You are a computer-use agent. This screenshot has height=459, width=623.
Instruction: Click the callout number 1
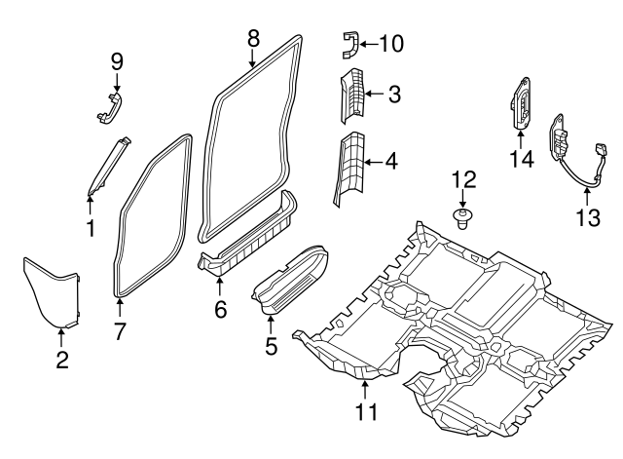point(90,229)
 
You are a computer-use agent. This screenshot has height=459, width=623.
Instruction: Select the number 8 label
point(253,38)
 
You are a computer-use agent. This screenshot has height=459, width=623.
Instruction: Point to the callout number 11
point(365,413)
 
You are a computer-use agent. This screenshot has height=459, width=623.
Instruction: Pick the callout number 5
point(272,345)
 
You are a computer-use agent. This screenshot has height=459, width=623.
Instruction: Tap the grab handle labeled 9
point(113,107)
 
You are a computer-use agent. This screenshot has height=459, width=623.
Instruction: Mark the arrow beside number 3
point(375,96)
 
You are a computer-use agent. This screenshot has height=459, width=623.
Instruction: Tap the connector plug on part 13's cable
point(603,153)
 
